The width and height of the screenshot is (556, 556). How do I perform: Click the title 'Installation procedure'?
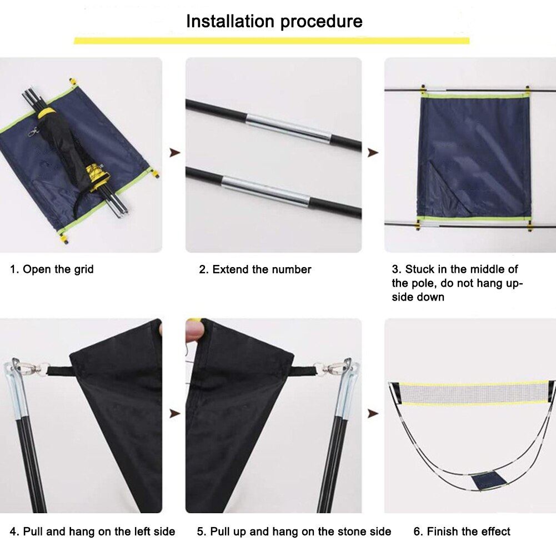pyautogui.click(x=274, y=21)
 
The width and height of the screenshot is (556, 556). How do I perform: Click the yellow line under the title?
pyautogui.click(x=272, y=41)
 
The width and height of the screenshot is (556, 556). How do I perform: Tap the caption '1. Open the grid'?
pyautogui.click(x=52, y=269)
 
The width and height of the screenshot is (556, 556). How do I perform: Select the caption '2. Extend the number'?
pyautogui.click(x=255, y=269)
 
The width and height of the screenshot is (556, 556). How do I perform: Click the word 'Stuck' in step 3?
pyautogui.click(x=420, y=269)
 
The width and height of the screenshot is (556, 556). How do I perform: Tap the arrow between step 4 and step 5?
pyautogui.click(x=174, y=413)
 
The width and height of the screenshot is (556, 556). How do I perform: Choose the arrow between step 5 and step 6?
pyautogui.click(x=373, y=413)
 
